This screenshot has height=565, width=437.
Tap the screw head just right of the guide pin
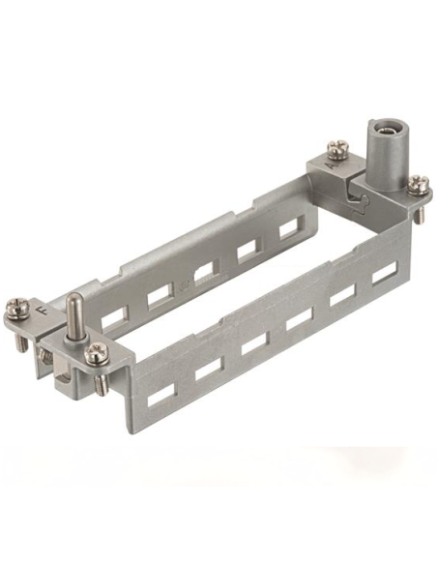coord(94,354)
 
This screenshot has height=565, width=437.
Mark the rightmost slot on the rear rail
coord(288,232)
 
